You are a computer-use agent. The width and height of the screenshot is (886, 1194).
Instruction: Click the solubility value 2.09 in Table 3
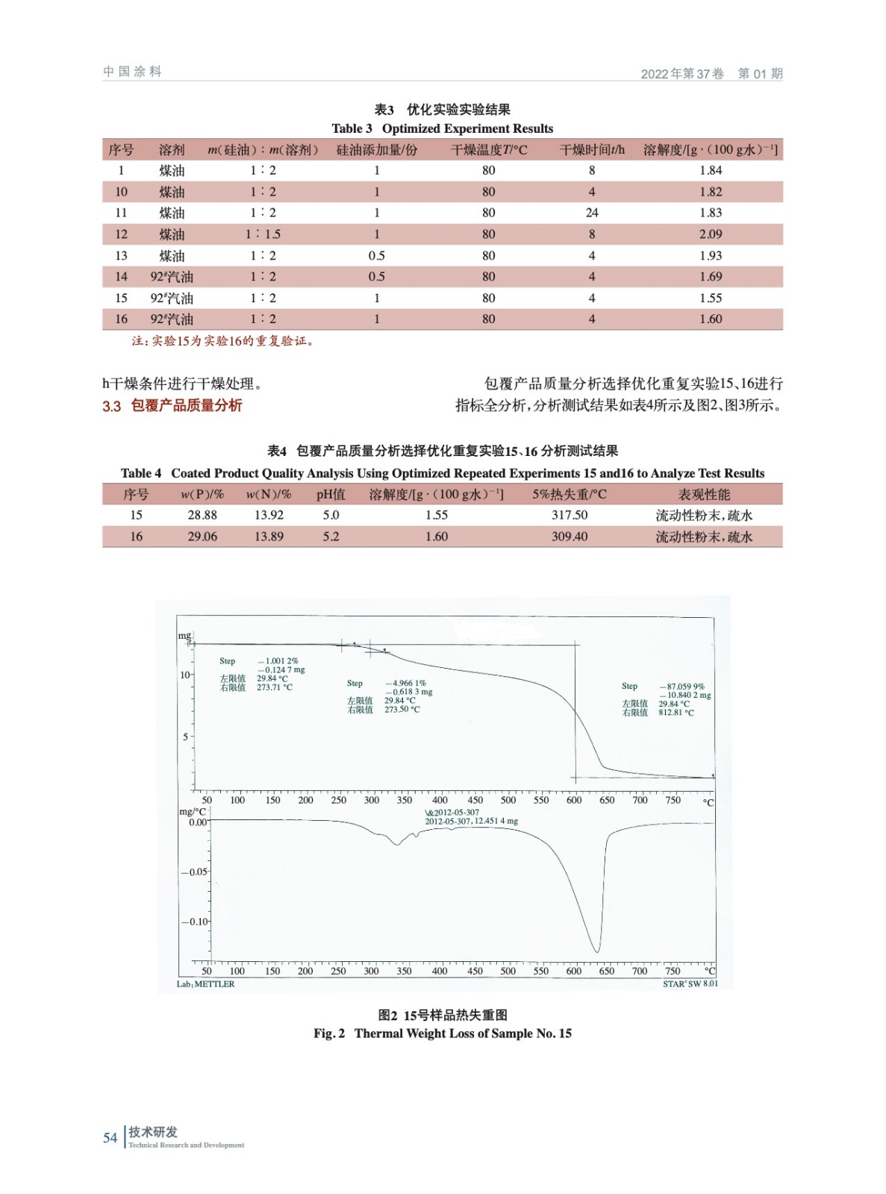tap(710, 234)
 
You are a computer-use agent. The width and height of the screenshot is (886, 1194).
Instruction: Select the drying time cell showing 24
tap(592, 213)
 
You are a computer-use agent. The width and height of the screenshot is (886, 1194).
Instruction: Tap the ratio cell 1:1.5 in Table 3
tap(263, 234)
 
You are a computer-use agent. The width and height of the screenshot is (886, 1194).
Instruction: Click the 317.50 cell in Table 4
tap(570, 515)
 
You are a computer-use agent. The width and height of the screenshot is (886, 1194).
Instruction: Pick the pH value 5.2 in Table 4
tap(331, 537)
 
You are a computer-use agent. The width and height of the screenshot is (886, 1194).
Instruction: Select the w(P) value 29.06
tap(202, 537)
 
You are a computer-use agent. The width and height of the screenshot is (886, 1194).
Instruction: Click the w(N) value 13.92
tap(269, 515)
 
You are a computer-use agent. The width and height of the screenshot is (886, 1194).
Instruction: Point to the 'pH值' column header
tap(331, 494)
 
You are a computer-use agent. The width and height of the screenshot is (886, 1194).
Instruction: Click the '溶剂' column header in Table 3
tap(172, 150)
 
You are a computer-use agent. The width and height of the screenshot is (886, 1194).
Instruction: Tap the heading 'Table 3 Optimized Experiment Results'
tap(443, 128)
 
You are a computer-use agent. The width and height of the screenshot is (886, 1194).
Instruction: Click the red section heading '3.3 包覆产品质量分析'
tap(172, 406)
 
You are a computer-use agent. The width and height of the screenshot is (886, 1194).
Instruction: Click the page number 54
tap(110, 1137)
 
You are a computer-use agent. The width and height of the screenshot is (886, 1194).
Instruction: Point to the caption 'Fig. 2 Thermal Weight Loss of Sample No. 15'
tap(443, 1034)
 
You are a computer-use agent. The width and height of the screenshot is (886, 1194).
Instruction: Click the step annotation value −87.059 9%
tap(682, 687)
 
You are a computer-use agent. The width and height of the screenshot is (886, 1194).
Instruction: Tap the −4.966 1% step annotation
tap(406, 683)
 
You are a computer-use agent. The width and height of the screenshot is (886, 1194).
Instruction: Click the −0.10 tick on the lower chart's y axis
tap(196, 922)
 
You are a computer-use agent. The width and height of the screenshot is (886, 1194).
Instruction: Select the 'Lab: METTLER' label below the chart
tap(205, 984)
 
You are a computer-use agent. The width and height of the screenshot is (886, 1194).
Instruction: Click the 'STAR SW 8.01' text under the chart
tap(690, 984)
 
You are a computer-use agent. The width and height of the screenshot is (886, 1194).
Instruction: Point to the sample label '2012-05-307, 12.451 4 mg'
tap(471, 821)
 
